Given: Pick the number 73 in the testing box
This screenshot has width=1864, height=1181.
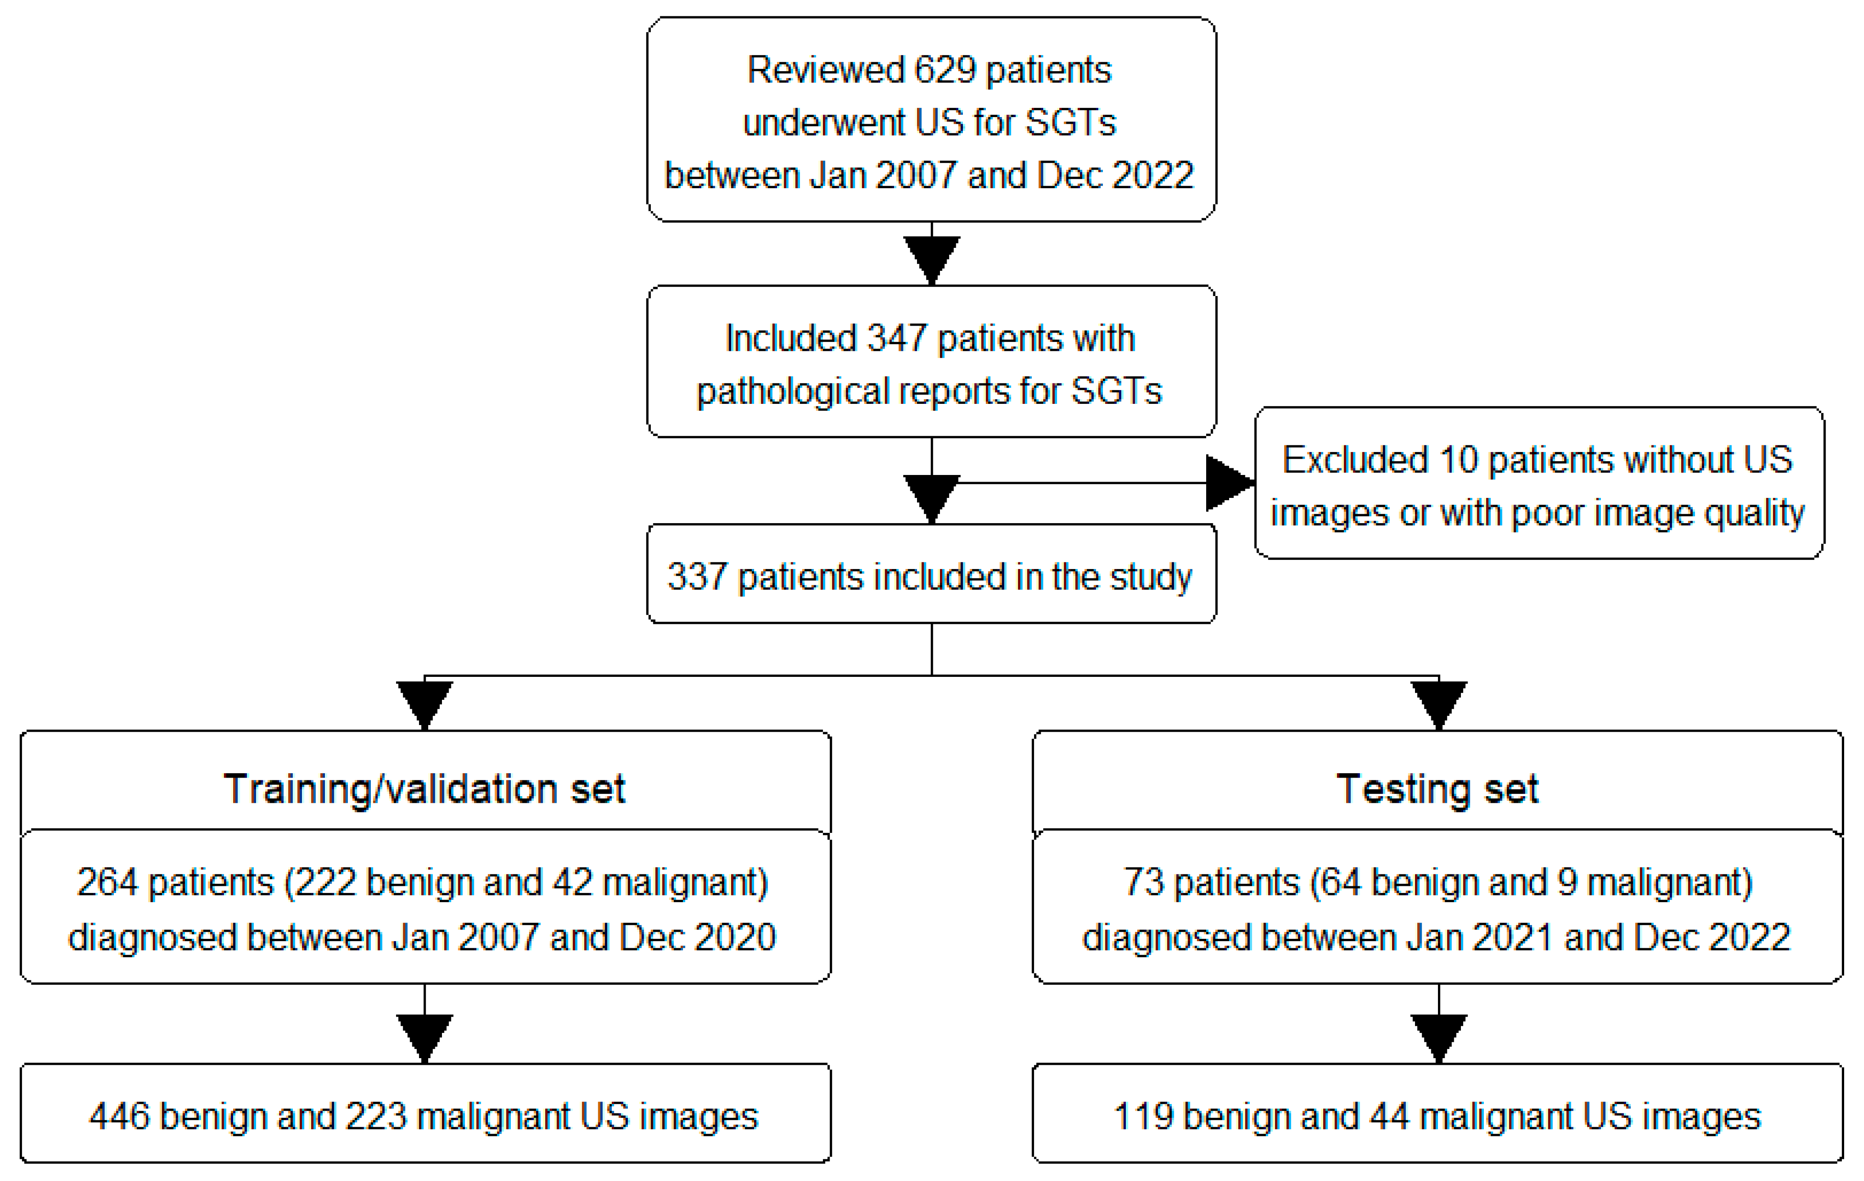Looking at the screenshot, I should coord(1143,882).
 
